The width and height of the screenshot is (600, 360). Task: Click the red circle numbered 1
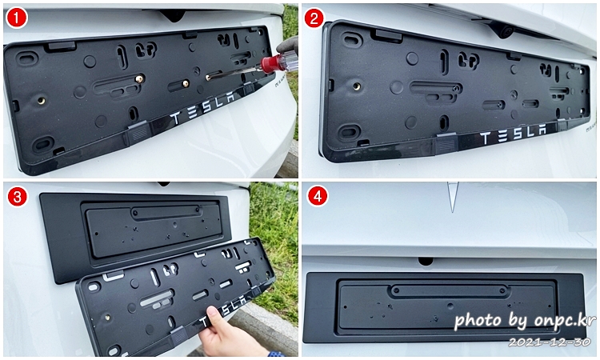[17, 18]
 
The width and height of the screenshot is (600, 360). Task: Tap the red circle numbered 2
[314, 18]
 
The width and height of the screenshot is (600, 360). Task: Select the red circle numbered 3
[17, 197]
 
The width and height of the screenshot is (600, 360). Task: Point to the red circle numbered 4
[318, 197]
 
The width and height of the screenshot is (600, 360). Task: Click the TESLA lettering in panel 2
[514, 134]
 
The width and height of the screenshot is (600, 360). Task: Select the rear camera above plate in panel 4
[426, 262]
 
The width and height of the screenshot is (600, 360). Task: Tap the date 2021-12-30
[550, 342]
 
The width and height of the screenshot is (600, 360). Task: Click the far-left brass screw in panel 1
[41, 101]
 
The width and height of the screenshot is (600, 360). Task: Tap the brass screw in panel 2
[357, 86]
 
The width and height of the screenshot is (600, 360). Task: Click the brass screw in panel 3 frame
[107, 317]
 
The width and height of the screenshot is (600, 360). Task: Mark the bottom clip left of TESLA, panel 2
[446, 143]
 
